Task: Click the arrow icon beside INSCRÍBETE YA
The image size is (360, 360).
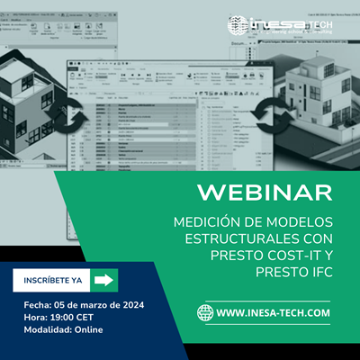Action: tap(105, 280)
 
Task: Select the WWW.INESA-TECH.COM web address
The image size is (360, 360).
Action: tap(273, 313)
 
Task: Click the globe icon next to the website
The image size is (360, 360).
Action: tap(206, 313)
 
